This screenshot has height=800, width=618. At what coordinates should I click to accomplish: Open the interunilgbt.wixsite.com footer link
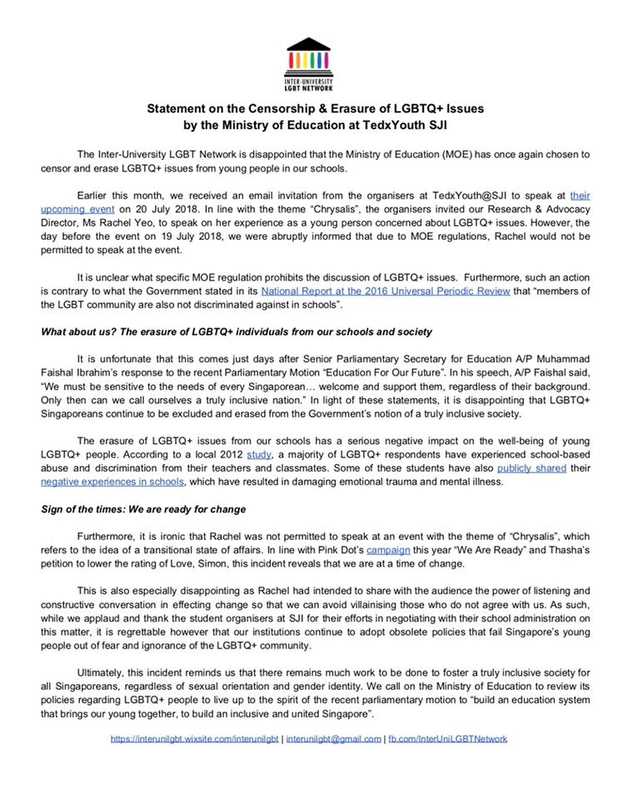[191, 738]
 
